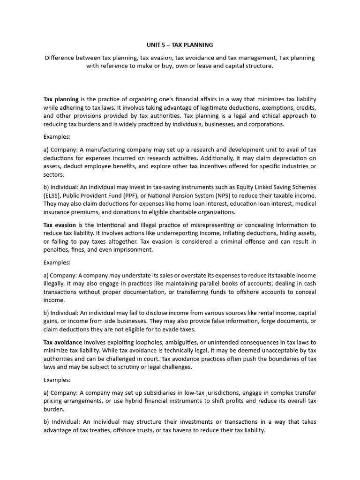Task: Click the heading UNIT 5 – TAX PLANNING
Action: [180, 45]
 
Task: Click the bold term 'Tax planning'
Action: [61, 99]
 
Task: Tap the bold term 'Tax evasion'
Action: [59, 225]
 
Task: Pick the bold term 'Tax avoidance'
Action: [63, 343]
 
